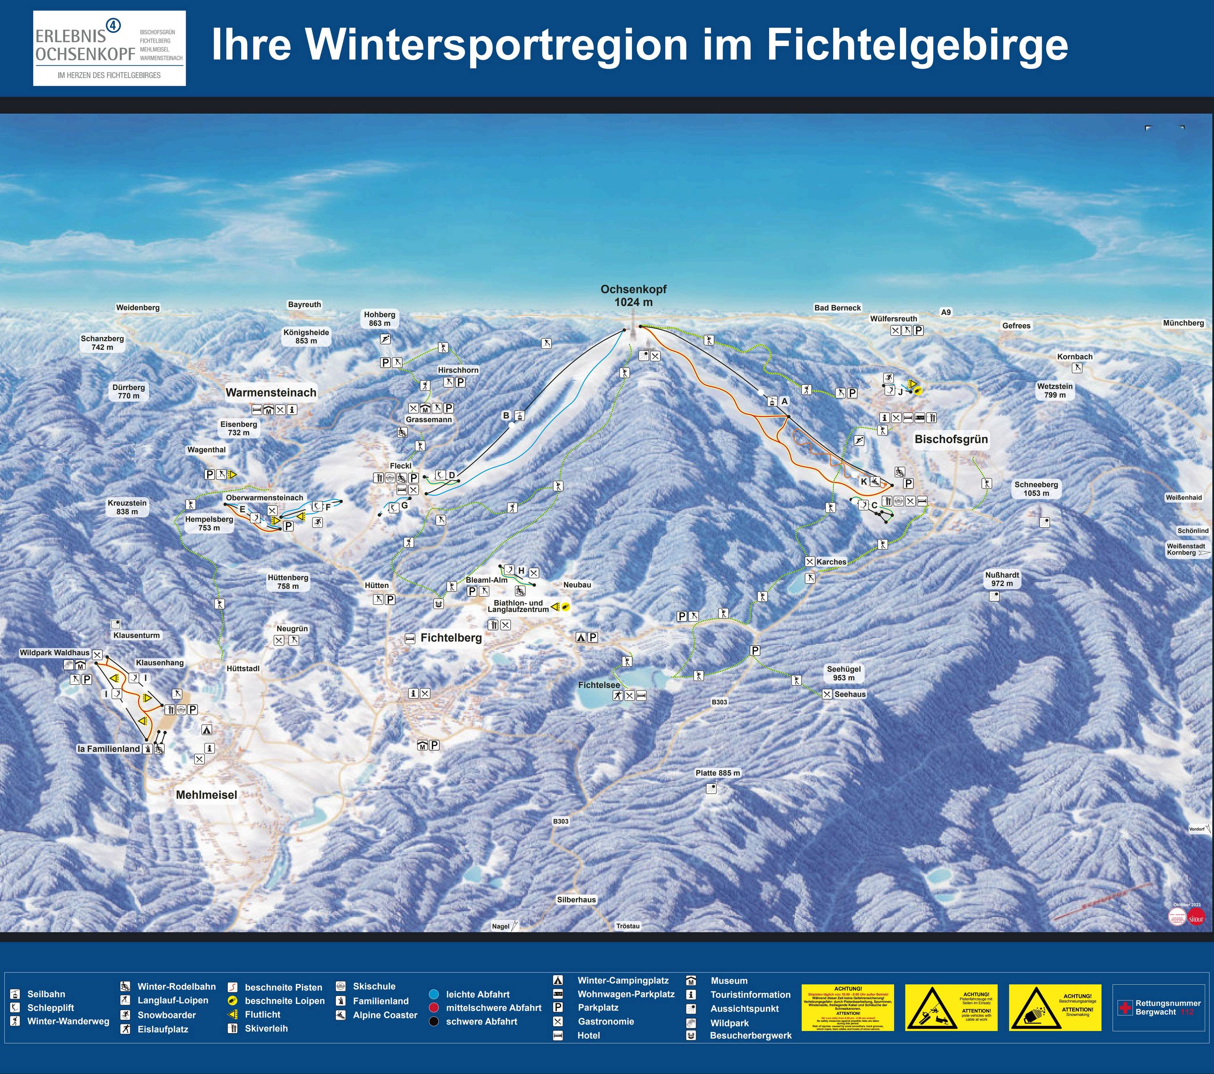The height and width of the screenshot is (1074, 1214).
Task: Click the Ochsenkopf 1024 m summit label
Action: tap(633, 295)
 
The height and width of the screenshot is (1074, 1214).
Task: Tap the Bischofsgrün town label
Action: tap(951, 439)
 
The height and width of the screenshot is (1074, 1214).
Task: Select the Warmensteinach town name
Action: tap(271, 392)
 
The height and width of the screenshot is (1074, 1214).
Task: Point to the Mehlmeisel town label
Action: tap(206, 795)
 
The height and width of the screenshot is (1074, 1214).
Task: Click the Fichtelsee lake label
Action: tap(599, 685)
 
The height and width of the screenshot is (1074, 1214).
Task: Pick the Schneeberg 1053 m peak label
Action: tap(1036, 488)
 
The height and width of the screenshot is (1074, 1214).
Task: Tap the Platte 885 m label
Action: tap(717, 773)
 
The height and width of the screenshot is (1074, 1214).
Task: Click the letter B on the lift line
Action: tap(506, 415)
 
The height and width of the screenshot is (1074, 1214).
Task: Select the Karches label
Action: tap(831, 561)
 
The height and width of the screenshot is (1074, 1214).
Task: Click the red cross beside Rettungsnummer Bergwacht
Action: tap(1125, 1008)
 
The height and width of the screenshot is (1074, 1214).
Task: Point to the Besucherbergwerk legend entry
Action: tap(750, 1036)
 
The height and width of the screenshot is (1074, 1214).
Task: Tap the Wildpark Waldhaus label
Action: tap(55, 652)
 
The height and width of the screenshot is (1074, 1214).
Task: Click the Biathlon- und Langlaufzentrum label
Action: tap(518, 606)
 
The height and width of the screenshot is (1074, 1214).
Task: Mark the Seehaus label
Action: tap(850, 694)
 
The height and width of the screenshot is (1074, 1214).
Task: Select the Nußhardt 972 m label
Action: tap(1002, 579)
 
